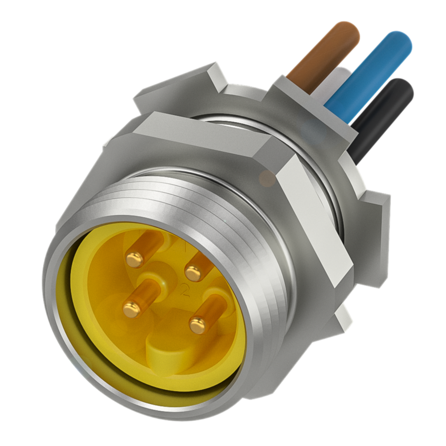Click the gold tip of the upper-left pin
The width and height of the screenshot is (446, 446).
pyautogui.click(x=134, y=259)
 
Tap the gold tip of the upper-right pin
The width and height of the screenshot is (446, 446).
pyautogui.click(x=193, y=273)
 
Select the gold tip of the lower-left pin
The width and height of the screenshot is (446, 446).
pyautogui.click(x=132, y=309)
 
